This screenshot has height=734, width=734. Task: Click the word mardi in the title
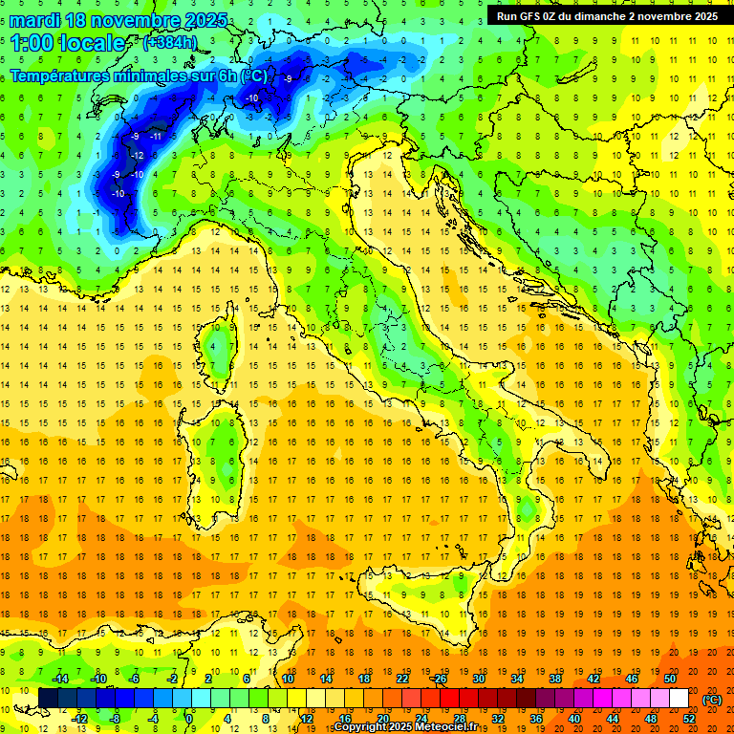[x=36, y=20]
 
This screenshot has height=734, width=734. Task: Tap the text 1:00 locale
[x=67, y=43]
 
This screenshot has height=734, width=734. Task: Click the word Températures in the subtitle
[x=61, y=76]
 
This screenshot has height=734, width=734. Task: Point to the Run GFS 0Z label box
[x=606, y=15]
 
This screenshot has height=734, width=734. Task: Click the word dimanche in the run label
[x=608, y=15]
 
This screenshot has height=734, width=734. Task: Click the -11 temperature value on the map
[x=156, y=137]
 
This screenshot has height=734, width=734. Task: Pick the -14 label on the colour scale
[x=59, y=679]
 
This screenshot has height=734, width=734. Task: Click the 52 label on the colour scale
[x=689, y=718]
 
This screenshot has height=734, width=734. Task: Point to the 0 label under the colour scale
[x=189, y=718]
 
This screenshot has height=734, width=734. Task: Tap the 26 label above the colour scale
[x=439, y=679]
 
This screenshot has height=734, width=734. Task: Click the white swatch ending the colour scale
[x=679, y=699]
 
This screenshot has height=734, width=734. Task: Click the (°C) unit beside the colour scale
[x=712, y=699]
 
